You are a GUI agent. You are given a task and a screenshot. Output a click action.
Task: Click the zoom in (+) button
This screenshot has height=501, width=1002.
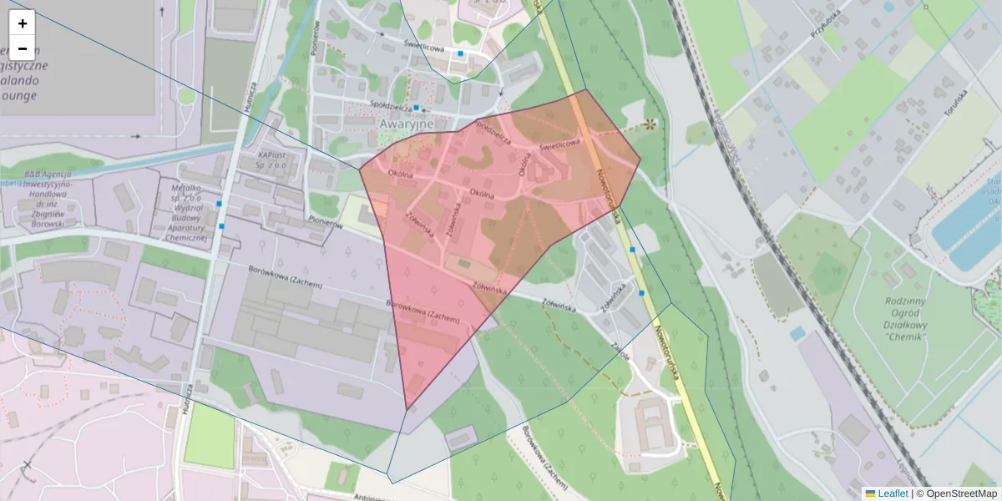coord(22,23)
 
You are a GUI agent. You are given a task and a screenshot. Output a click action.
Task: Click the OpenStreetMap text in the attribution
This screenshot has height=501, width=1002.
coord(961,493)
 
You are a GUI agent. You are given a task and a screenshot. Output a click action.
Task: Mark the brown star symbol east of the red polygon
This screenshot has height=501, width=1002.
coord(648,125)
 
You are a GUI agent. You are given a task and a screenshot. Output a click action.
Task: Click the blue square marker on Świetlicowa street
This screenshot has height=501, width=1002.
coord(460,53)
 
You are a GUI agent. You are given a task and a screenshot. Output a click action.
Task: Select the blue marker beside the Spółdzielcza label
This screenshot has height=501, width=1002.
coord(416,108)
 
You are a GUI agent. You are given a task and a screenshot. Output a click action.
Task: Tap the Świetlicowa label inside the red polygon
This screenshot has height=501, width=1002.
coord(559,144)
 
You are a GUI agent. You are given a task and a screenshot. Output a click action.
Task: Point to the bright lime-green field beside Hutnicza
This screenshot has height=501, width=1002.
coord(209,437)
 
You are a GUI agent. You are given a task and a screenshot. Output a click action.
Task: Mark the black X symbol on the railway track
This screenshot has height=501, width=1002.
coord(28,465)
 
